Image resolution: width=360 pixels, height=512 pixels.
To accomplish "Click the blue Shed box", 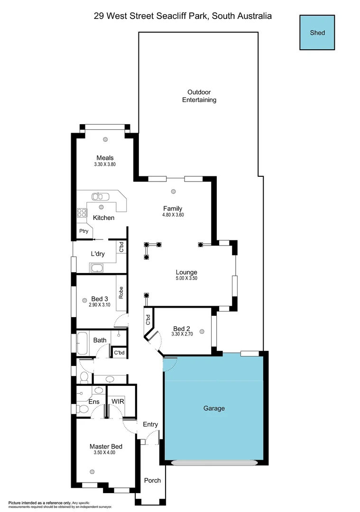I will (317, 32).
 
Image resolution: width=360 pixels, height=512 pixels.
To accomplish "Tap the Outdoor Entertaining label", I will (199, 96).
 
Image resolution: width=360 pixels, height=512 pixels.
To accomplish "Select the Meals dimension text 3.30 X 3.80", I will (105, 165).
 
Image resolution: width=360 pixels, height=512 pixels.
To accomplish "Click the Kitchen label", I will (103, 218).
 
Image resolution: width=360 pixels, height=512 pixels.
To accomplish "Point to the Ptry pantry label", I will (83, 231).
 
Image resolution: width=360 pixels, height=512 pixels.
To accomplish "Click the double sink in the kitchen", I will (101, 196).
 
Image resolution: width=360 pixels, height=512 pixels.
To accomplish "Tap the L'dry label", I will (98, 254).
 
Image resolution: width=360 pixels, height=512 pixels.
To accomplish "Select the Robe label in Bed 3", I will (121, 293).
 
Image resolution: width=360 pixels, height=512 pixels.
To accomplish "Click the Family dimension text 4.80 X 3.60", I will (173, 215).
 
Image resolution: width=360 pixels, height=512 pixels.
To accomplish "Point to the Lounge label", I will (186, 272).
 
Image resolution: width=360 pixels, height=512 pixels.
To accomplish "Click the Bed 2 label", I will (182, 329).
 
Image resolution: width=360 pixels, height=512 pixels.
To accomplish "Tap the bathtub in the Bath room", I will (82, 343).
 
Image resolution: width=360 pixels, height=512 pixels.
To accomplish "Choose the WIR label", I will (118, 401).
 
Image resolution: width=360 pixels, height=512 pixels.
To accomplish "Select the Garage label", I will (214, 408).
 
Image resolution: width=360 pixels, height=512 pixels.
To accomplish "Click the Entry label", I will (150, 424).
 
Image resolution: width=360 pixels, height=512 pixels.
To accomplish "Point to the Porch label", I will (152, 480).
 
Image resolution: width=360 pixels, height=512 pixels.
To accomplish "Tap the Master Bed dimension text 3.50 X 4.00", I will (105, 453).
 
